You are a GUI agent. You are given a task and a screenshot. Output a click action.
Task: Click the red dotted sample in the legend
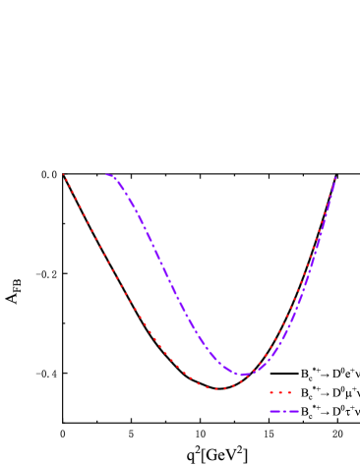click(x=280, y=392)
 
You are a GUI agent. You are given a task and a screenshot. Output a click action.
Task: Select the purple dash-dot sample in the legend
click(x=284, y=411)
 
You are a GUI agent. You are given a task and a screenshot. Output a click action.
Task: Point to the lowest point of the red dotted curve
click(x=220, y=389)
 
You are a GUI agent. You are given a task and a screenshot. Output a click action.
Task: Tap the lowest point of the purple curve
click(x=244, y=375)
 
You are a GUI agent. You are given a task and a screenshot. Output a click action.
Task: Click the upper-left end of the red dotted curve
click(x=64, y=175)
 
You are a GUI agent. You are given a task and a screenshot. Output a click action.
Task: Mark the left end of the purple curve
click(x=106, y=175)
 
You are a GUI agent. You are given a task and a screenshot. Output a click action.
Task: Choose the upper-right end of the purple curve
click(x=335, y=178)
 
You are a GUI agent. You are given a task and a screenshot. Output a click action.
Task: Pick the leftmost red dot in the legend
click(x=271, y=392)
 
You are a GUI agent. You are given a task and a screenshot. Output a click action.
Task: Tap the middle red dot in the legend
click(x=280, y=392)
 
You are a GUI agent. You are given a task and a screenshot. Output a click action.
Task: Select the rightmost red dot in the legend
click(x=289, y=392)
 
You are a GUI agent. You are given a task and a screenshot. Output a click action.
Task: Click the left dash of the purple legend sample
click(x=274, y=411)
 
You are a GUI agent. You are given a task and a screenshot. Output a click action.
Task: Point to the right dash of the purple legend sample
click(x=293, y=411)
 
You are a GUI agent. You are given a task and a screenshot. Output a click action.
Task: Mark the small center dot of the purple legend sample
click(x=284, y=411)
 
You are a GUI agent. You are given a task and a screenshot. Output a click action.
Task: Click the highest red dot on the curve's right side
click(x=334, y=180)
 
